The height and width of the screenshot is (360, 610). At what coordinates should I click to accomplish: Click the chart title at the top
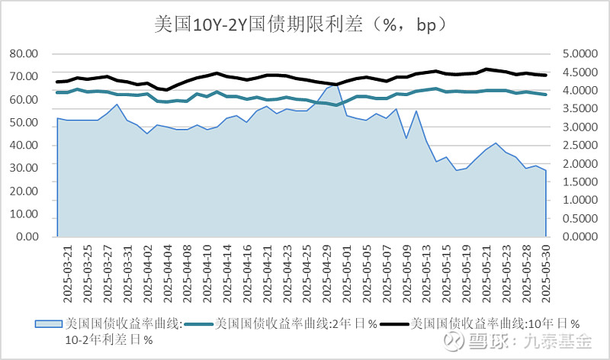(x=305, y=24)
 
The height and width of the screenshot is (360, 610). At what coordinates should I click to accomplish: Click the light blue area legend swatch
(x=50, y=323)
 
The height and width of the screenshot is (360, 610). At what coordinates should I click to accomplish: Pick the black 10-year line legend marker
(x=393, y=323)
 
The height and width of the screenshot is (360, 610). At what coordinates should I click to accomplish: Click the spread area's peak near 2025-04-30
(x=335, y=85)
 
